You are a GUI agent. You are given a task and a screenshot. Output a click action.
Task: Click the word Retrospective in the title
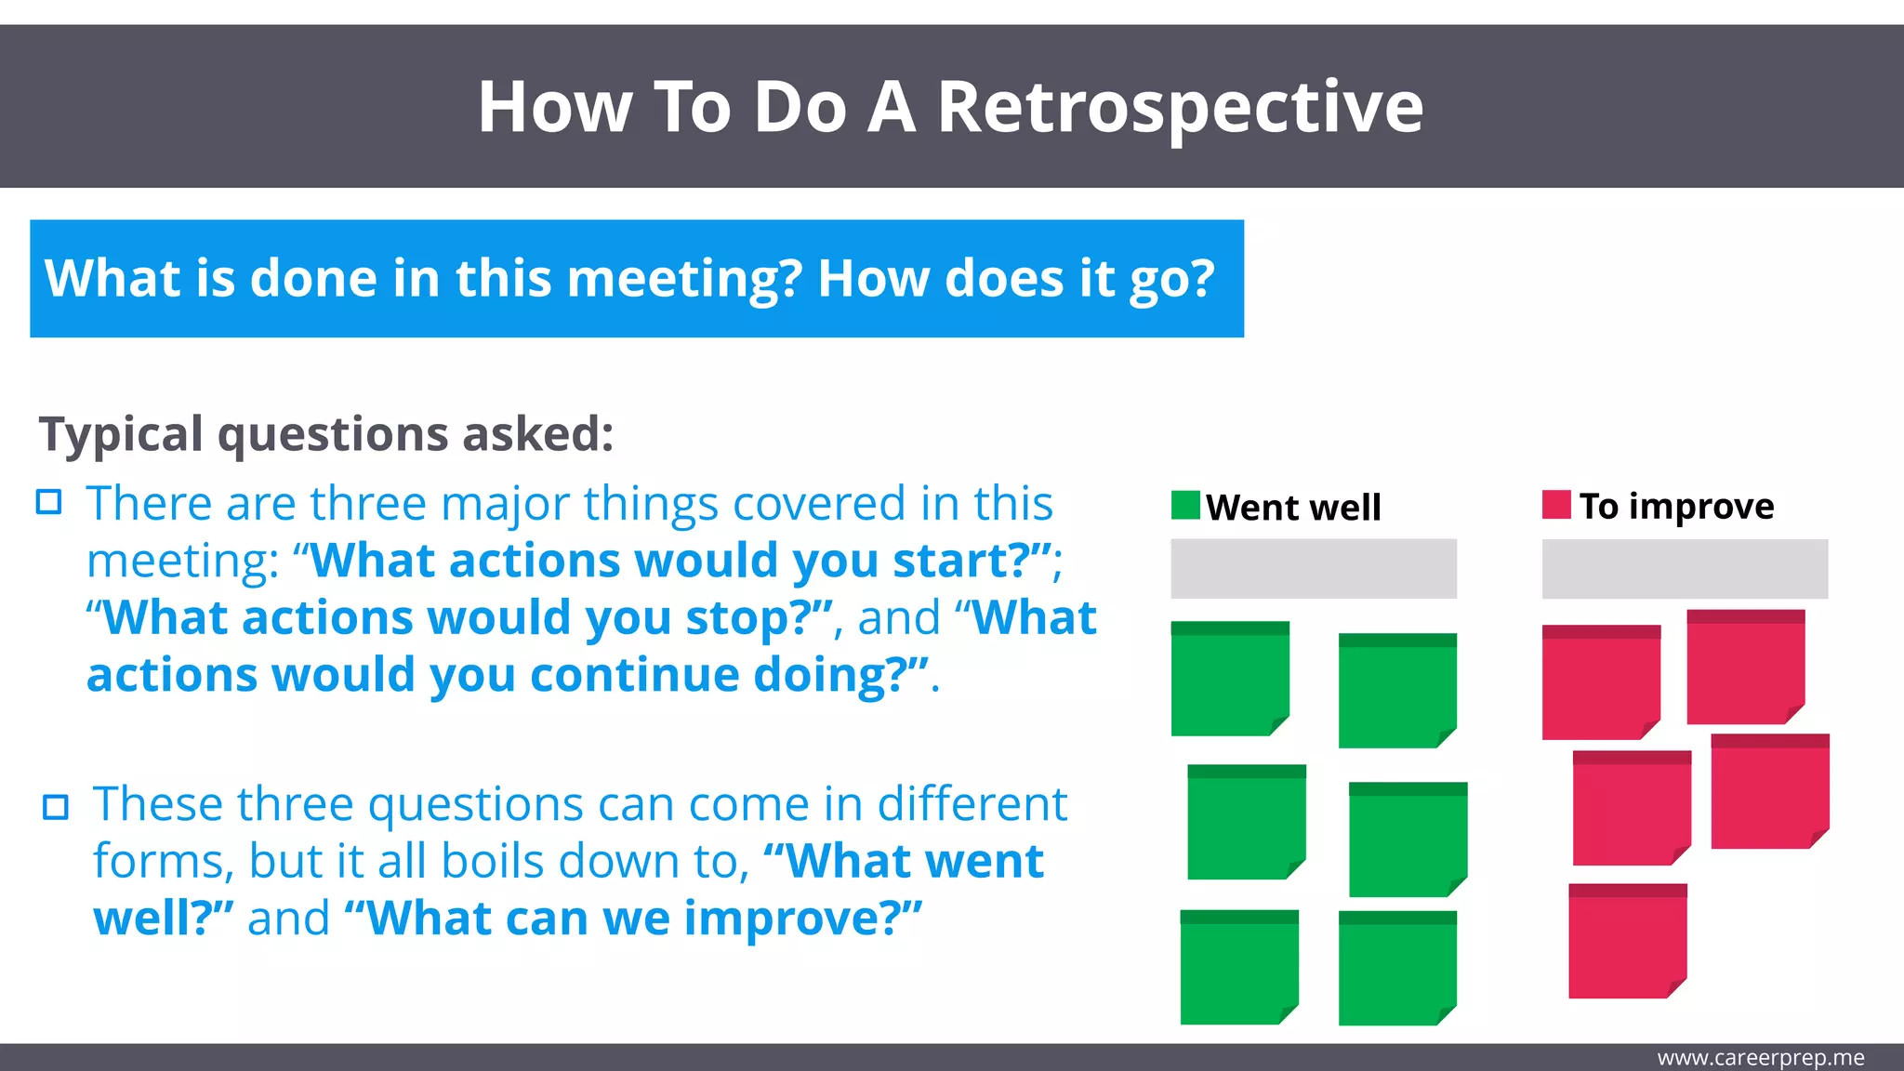(1179, 108)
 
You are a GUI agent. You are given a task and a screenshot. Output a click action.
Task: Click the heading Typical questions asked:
(326, 434)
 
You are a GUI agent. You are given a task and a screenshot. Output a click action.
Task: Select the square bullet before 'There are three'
(48, 503)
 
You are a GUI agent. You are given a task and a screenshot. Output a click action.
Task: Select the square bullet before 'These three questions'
(56, 806)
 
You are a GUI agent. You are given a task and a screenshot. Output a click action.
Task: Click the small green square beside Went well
(1185, 505)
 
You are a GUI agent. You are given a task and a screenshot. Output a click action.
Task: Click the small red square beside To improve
(1556, 504)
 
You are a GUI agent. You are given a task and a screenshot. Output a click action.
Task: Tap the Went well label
(1293, 508)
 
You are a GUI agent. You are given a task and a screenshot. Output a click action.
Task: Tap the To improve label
(1676, 507)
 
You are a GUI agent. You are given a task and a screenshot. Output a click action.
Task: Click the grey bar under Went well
(1313, 568)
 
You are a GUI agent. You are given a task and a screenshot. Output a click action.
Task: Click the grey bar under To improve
(1685, 568)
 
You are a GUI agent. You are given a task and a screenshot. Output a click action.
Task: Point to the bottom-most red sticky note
(1627, 941)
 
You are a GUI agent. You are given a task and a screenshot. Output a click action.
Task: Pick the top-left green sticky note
(1229, 679)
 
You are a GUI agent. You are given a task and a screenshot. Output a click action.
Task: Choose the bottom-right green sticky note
(1397, 968)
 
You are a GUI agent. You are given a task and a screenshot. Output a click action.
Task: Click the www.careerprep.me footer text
(1760, 1058)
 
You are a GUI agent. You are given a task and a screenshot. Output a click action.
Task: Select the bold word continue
(633, 676)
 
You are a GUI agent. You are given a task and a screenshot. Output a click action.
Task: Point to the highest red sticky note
(1745, 667)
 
